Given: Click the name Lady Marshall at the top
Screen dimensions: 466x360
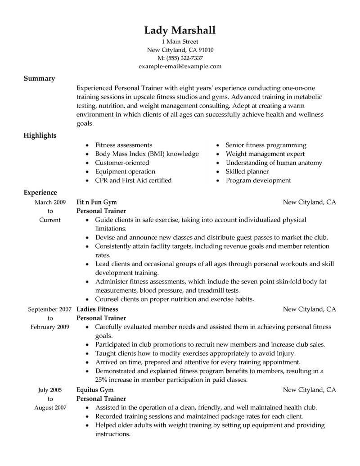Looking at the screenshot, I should click(x=180, y=30).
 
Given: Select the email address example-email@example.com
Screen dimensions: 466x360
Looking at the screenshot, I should click(x=180, y=66).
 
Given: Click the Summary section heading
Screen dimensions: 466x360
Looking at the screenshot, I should click(x=39, y=78).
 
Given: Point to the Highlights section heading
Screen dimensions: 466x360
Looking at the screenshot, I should click(x=40, y=136).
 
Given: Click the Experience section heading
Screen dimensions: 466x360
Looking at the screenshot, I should click(x=40, y=193).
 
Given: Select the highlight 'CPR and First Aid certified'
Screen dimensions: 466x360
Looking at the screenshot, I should click(x=133, y=181).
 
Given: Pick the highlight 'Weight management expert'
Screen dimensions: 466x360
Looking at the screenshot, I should click(x=263, y=154).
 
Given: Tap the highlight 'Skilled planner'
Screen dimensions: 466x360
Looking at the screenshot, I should click(x=247, y=172).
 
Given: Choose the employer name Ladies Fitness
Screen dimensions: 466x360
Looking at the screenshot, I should click(x=98, y=309).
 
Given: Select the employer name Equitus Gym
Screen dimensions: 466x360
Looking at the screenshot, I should click(x=95, y=389).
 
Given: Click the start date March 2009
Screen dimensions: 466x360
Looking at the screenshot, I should click(x=50, y=202).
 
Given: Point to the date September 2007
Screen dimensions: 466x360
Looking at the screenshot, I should click(x=49, y=309).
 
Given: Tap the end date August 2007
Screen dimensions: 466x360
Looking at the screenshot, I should click(x=50, y=408).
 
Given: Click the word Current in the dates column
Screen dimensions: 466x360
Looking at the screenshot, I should click(x=50, y=220).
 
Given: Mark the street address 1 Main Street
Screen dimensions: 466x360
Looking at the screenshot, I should click(x=180, y=42).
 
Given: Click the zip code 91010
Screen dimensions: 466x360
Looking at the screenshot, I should click(x=204, y=50).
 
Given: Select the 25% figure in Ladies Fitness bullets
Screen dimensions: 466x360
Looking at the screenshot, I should click(x=102, y=380).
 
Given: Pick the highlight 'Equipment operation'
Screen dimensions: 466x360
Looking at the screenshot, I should click(x=125, y=172).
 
